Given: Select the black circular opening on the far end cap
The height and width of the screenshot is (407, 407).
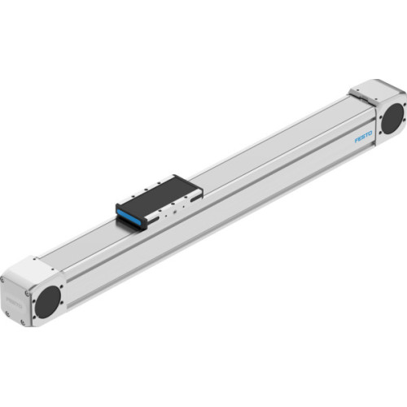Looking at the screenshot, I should pyautogui.click(x=390, y=119).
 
